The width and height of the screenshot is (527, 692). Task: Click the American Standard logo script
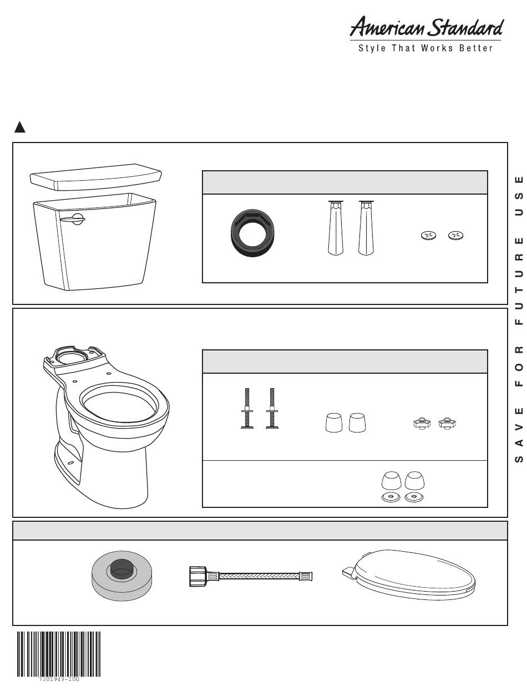click(x=426, y=27)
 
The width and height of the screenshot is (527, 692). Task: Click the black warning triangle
click(x=19, y=128)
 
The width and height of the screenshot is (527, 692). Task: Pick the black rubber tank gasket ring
click(x=252, y=230)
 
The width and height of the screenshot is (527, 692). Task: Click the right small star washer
click(x=455, y=236)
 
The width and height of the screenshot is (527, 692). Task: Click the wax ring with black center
click(x=122, y=576)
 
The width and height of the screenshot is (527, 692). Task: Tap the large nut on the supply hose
click(x=198, y=577)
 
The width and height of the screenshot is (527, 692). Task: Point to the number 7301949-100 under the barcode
click(x=59, y=679)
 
